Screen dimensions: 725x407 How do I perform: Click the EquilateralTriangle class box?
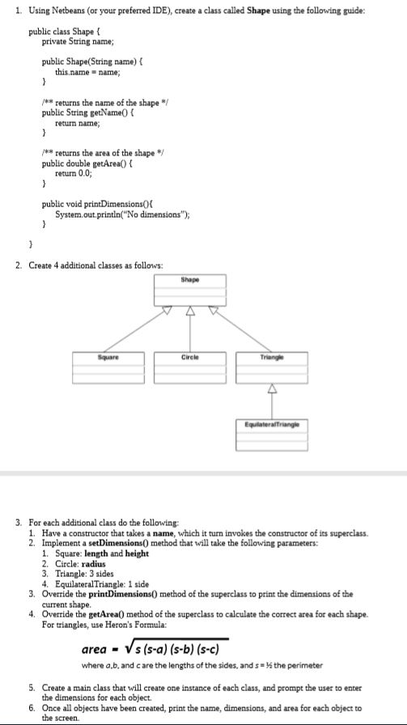[x=269, y=435]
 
